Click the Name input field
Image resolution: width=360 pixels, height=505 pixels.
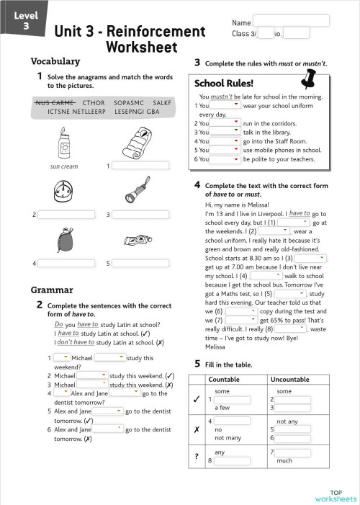point(291,21)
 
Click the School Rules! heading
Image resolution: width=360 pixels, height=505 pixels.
point(223,83)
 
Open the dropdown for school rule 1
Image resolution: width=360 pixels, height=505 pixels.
point(225,105)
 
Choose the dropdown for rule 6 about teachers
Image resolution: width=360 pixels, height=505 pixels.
point(225,158)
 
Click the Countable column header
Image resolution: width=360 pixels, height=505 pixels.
point(225,379)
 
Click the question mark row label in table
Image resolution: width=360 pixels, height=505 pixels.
point(197,456)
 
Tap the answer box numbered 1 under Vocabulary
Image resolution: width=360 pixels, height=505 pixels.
point(140,166)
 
